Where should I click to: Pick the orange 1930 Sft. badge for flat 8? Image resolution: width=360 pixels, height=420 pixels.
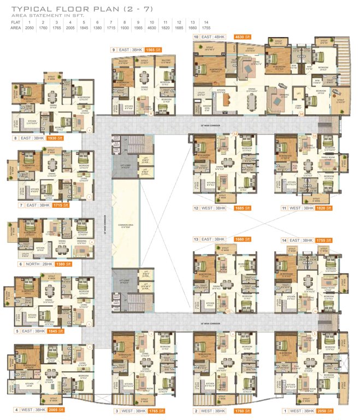click(x=52, y=138)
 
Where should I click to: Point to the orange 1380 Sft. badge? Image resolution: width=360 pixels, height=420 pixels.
click(x=63, y=264)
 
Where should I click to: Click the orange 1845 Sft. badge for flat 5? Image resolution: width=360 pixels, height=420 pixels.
click(x=56, y=331)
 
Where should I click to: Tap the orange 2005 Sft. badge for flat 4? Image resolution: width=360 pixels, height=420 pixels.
click(x=53, y=410)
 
